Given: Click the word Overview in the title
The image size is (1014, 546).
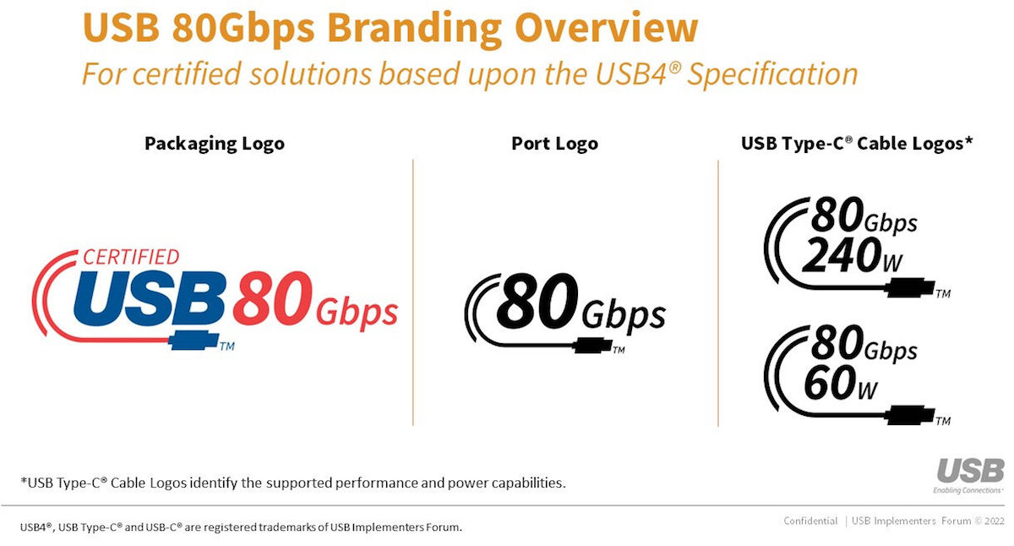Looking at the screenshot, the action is pos(607,28).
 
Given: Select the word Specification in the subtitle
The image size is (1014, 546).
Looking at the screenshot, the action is pos(772,74).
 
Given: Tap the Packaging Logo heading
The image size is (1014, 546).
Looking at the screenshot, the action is pos(215,144).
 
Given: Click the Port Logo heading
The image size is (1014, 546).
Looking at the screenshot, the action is pos(554,144).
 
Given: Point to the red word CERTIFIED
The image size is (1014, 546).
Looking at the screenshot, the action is pos(131,257).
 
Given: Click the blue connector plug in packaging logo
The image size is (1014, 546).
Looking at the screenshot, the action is pos(194,341).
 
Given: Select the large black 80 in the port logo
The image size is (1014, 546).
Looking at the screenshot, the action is pos(537,301).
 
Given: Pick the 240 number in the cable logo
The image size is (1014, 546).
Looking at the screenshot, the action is pos(842,255).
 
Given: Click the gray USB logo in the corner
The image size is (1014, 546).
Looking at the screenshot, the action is pos(970,471).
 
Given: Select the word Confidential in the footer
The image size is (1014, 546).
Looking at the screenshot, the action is pos(810,521).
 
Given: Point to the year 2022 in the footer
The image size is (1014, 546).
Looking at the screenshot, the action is pos(994,521).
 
